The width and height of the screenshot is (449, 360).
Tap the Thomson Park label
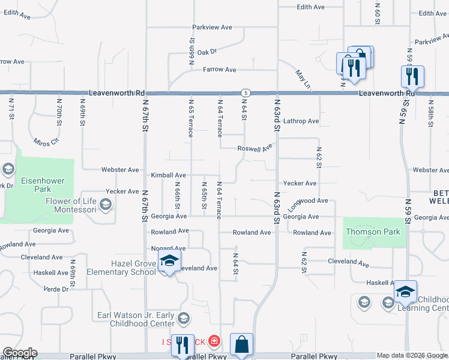point(372,232)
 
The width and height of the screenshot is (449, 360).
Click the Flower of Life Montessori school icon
point(106,206)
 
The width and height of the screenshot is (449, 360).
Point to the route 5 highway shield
point(246,93)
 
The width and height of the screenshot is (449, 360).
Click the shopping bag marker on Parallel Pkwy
point(241,345)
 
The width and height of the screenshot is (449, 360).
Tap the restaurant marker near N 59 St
point(412,76)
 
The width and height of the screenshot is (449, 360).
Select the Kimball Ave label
point(168,175)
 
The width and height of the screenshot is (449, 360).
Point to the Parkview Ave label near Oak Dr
point(212,28)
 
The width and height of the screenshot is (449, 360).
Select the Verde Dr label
point(56,289)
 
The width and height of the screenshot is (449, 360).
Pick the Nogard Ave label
point(168,248)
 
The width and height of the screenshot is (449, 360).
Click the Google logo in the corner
point(20,353)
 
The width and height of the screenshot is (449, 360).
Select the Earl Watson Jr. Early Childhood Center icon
point(184,317)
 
